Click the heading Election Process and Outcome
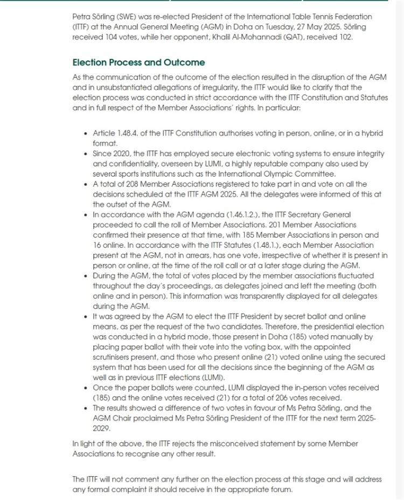(138, 63)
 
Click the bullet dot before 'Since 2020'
(86, 154)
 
